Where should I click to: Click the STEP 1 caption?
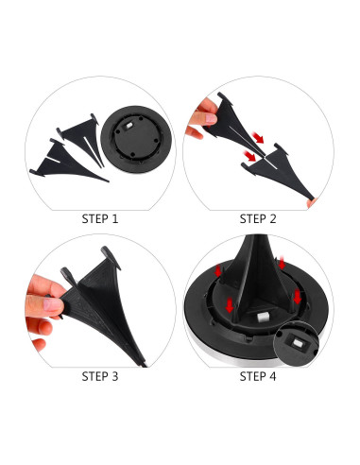tap(100, 219)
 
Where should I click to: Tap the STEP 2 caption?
tap(258, 219)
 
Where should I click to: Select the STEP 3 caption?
tap(100, 376)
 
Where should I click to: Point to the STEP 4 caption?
tap(258, 376)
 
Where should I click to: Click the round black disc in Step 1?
tap(136, 139)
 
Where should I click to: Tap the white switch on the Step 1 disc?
tap(129, 126)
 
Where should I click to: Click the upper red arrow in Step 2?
tap(258, 138)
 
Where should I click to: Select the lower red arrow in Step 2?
tap(250, 156)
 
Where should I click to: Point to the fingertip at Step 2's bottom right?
tap(312, 203)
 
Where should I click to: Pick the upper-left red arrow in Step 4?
tap(217, 271)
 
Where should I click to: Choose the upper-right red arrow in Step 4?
tap(282, 263)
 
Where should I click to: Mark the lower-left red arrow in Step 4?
tap(230, 305)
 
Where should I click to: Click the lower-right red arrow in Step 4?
tap(297, 297)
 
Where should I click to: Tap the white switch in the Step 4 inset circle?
tap(297, 343)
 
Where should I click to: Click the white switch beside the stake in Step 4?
tap(262, 317)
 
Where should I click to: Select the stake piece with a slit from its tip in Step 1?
tap(81, 138)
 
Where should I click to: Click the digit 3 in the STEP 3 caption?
tap(115, 376)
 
